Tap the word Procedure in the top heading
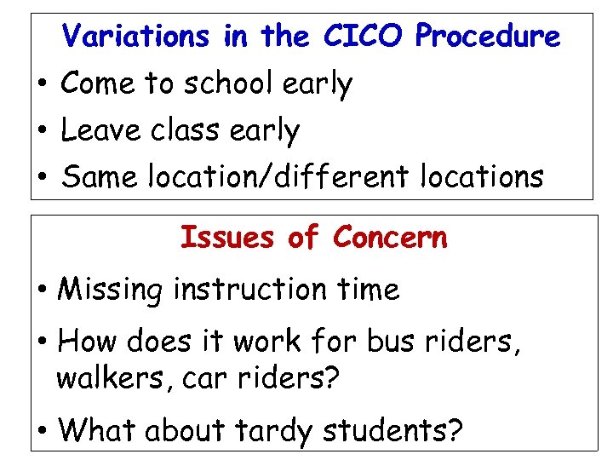[488, 36]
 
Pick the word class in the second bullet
[187, 130]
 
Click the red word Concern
[390, 237]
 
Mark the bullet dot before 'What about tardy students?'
[42, 431]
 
